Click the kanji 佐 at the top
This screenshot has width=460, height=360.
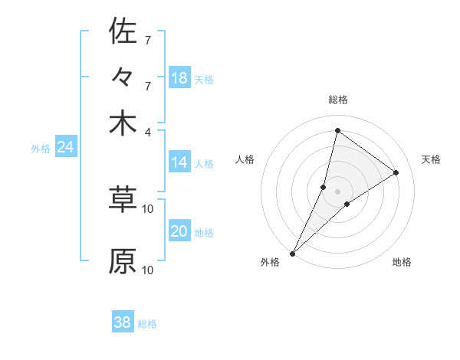[x=123, y=31]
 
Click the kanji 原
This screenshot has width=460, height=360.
[x=123, y=260]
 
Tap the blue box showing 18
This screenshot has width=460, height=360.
[x=179, y=78]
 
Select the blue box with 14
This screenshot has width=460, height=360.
[x=179, y=162]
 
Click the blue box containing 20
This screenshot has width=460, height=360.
[x=179, y=232]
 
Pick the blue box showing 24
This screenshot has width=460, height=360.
[x=65, y=147]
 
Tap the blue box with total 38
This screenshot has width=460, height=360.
[x=123, y=322]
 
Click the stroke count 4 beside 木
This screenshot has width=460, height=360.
[x=148, y=131]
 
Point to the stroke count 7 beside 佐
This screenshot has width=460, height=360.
[x=148, y=39]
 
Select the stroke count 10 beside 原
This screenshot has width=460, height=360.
[x=148, y=270]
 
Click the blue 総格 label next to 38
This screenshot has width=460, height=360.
[x=147, y=324]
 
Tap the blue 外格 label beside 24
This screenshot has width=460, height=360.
[x=41, y=149]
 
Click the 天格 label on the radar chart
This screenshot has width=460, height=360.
[x=431, y=159]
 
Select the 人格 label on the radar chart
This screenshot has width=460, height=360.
[x=245, y=159]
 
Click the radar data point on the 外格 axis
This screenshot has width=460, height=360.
[x=292, y=253]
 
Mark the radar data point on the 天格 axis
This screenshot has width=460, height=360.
[x=396, y=172]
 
